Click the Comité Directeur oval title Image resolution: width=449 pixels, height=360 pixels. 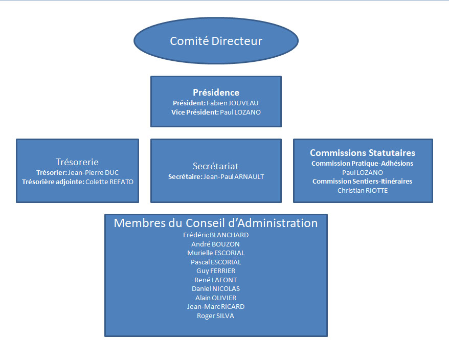[x=216, y=41]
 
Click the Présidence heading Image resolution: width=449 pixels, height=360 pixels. [x=216, y=93]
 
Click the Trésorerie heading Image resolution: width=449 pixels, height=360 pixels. [x=77, y=162]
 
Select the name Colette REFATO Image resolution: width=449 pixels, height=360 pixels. [x=113, y=182]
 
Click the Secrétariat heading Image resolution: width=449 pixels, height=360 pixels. [x=216, y=166]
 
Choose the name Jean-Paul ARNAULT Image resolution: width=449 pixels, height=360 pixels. [x=234, y=176]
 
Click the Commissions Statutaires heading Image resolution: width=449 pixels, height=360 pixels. [x=363, y=153]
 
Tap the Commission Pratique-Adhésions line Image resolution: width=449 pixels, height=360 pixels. [x=362, y=163]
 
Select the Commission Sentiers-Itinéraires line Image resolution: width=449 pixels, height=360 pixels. [x=362, y=181]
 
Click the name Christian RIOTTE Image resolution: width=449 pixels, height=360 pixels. [x=362, y=190]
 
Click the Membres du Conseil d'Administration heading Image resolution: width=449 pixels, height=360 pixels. [x=216, y=223]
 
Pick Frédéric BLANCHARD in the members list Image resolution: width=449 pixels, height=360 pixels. [x=216, y=235]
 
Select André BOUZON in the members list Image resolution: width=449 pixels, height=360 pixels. [x=216, y=244]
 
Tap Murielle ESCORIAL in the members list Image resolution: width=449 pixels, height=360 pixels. [x=216, y=253]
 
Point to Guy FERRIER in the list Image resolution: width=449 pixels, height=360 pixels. [x=216, y=271]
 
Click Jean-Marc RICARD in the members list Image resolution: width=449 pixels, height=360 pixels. [x=216, y=306]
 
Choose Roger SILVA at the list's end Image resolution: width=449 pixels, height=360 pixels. [x=216, y=316]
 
